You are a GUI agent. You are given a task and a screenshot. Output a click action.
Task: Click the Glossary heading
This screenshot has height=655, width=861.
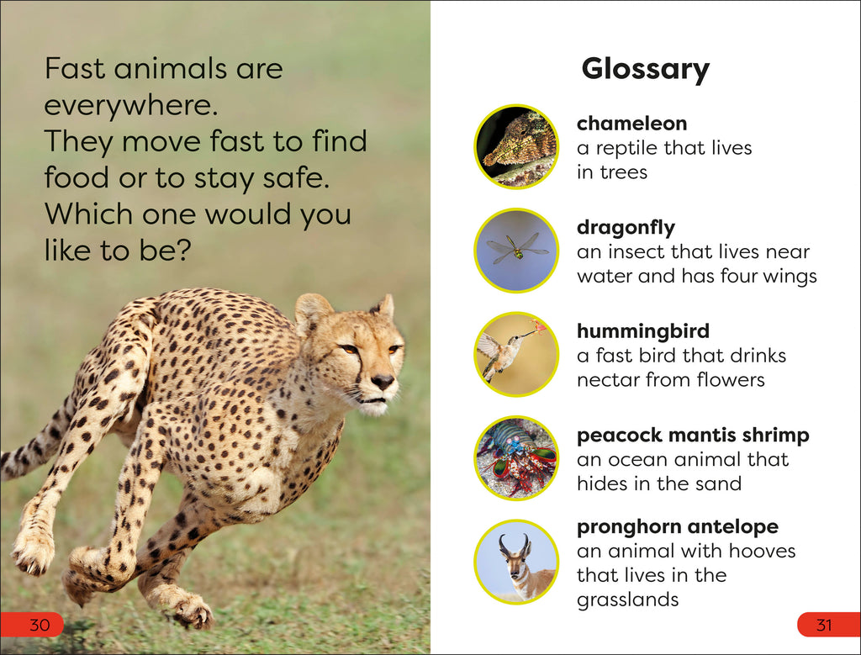[645, 69]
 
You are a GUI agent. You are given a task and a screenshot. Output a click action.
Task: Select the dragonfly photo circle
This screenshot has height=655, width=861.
[516, 251]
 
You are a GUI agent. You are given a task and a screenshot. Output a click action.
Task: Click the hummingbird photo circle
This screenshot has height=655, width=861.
[516, 354]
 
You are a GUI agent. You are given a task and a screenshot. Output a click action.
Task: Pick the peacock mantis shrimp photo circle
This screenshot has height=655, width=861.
[516, 458]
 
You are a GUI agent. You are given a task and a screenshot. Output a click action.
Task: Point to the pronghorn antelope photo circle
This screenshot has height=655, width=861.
[516, 562]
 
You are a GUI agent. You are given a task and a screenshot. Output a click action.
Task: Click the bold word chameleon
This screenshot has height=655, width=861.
[631, 124]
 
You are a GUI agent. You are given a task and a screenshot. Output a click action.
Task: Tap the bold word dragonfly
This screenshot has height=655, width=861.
[626, 227]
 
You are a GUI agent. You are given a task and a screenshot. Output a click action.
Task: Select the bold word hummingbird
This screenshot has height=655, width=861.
[642, 331]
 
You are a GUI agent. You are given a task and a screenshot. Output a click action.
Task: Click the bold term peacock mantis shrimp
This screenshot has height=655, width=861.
[693, 436]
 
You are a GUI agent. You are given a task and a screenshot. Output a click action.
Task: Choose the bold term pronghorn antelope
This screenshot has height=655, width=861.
[678, 527]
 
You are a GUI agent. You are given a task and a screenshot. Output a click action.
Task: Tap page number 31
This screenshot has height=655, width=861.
[824, 625]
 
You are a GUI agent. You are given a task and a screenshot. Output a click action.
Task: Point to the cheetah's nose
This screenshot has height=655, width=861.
[383, 381]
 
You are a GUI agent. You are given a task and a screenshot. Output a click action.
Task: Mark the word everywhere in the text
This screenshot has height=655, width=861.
[127, 105]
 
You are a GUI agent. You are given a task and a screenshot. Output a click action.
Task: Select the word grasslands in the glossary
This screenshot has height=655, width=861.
[627, 600]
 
